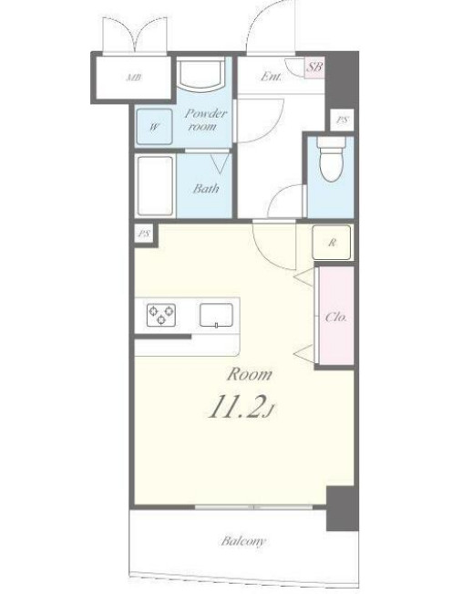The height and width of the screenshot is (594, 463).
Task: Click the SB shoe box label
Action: (x=314, y=68)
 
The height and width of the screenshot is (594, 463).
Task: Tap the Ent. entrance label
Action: (x=272, y=76)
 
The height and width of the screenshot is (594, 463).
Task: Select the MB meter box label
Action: (x=134, y=78)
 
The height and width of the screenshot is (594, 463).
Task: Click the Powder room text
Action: (x=205, y=120)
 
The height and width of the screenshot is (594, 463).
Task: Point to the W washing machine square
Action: (x=154, y=127)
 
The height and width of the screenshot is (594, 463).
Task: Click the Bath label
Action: (x=206, y=188)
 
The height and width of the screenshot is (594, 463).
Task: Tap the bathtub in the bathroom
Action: (x=155, y=185)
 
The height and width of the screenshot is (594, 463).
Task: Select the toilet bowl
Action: (x=332, y=159)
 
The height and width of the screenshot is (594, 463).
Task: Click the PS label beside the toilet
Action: (x=342, y=120)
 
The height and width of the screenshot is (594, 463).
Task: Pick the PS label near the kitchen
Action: (x=143, y=234)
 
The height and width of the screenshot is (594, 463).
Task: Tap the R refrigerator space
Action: (x=332, y=243)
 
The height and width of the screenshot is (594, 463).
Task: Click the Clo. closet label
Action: (x=336, y=317)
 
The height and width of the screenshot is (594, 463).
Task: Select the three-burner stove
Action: (x=161, y=315)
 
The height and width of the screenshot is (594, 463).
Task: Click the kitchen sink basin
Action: (x=216, y=315)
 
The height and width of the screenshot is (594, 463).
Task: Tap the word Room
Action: (x=250, y=374)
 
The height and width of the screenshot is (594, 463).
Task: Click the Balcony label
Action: (x=243, y=541)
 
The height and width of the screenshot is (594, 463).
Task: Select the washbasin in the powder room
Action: (x=201, y=73)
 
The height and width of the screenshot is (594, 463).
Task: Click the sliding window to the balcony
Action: (x=253, y=507)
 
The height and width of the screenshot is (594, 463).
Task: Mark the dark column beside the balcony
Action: (x=342, y=509)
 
